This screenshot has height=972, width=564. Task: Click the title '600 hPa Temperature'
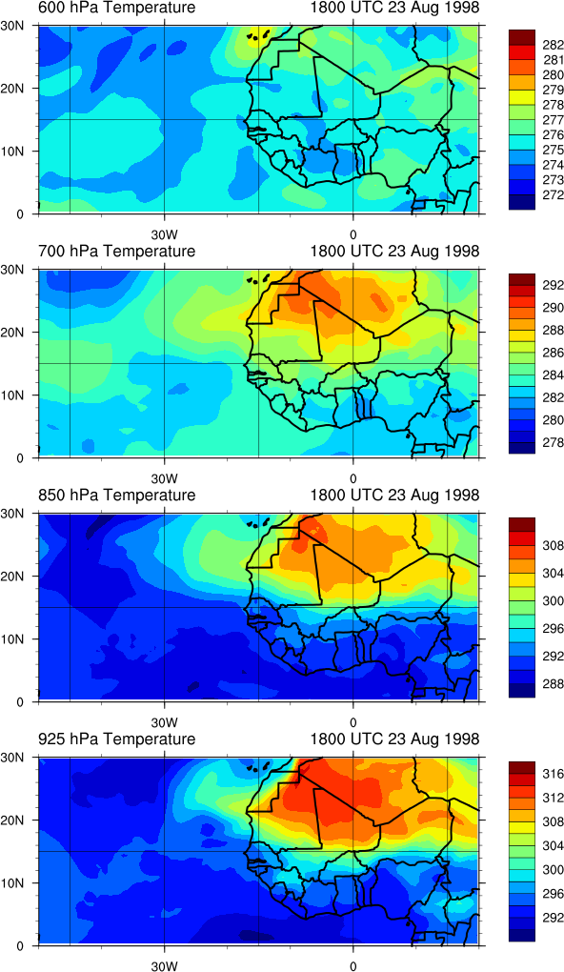(116, 8)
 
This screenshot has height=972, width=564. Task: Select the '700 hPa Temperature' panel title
(116, 251)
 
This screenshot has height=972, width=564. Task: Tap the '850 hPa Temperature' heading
(116, 496)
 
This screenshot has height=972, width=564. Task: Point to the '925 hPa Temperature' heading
(116, 739)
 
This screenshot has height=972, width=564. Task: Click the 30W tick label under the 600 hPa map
(164, 235)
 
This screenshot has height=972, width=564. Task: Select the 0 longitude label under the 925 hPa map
(352, 965)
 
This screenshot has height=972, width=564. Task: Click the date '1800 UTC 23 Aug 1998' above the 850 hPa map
(395, 496)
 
